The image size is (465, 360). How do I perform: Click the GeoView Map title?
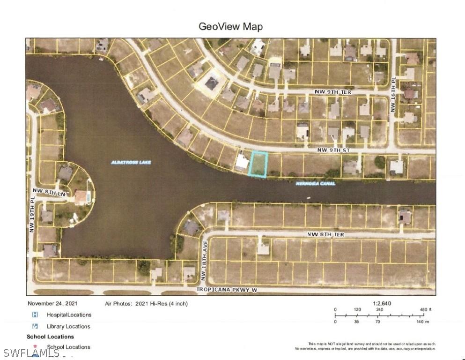(230, 26)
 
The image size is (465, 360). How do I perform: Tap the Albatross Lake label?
(131, 162)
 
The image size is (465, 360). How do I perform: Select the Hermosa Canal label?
(315, 184)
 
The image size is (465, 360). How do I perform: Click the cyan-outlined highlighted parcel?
(258, 164)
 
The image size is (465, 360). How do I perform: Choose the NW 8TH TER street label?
(326, 234)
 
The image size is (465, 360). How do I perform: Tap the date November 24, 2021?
(52, 304)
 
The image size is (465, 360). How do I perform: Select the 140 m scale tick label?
(421, 322)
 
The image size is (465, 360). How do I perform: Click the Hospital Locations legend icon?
(35, 315)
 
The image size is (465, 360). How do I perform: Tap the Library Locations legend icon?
(35, 326)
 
